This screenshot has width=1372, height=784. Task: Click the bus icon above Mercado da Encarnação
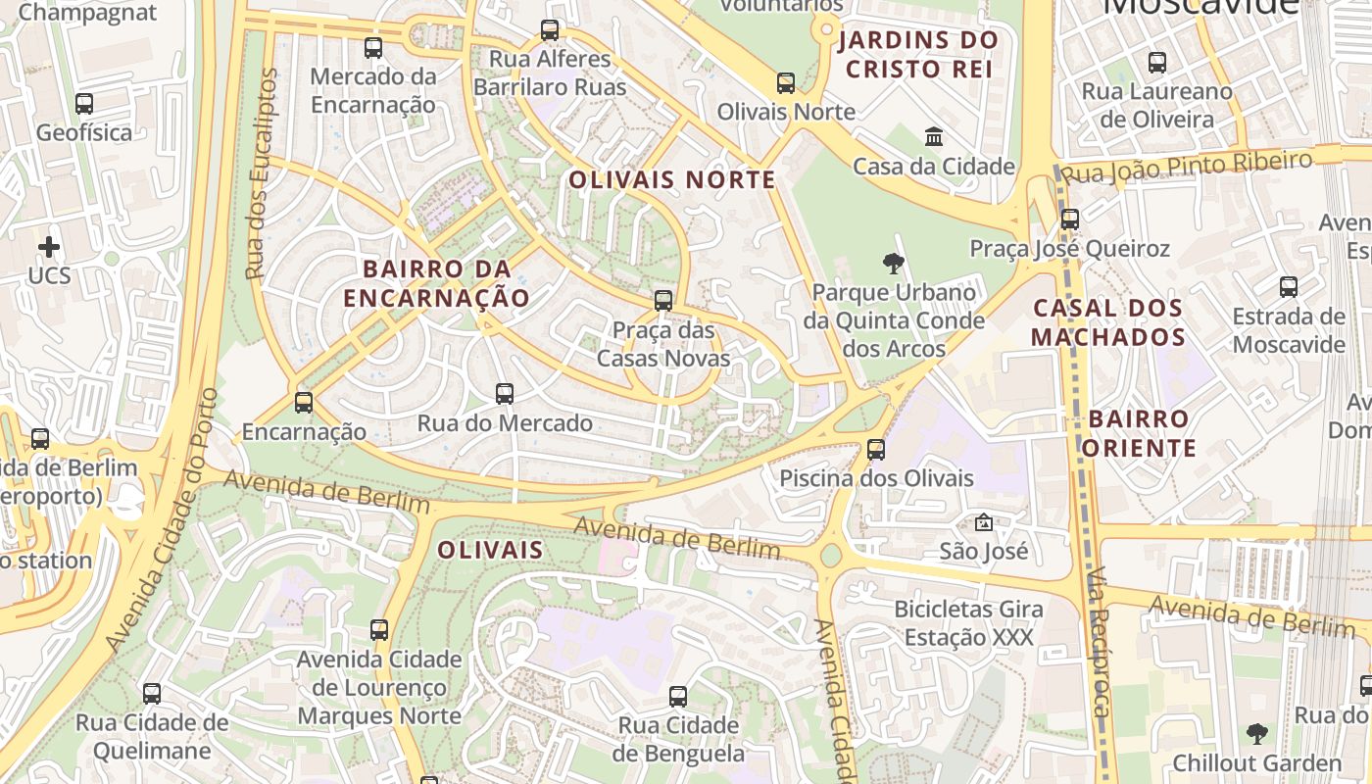tap(373, 47)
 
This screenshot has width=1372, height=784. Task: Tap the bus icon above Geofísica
tap(84, 103)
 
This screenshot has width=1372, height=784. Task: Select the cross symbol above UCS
tap(49, 247)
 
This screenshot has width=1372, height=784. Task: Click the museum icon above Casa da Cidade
tap(934, 137)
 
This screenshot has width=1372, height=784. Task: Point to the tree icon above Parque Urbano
tap(893, 263)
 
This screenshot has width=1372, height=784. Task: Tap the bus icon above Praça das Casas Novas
tap(663, 301)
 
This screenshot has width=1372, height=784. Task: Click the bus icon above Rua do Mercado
tap(505, 394)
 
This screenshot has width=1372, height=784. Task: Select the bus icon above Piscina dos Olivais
tap(876, 450)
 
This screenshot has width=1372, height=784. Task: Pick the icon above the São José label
tap(984, 522)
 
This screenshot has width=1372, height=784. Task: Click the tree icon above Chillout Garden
tap(1256, 733)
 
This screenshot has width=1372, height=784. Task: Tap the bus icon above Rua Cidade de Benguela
tap(678, 697)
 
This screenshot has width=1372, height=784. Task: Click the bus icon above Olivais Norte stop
tap(786, 83)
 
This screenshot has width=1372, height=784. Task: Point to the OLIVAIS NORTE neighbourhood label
tap(672, 180)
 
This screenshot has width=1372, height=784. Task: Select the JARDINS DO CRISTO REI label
tap(918, 55)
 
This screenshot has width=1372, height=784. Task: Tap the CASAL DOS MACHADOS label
tap(1109, 322)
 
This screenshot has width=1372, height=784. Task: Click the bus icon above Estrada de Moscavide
tap(1289, 287)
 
